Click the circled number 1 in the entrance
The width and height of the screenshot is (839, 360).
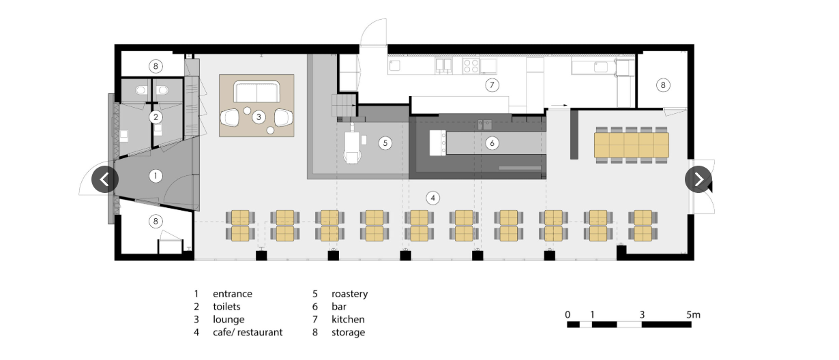pyautogui.click(x=156, y=176)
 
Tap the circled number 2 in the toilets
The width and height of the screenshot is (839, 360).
pyautogui.click(x=156, y=117)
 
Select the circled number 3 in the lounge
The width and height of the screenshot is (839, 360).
pyautogui.click(x=258, y=117)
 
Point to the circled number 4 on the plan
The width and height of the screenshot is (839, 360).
pyautogui.click(x=432, y=198)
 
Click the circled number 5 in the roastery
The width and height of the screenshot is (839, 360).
pyautogui.click(x=385, y=143)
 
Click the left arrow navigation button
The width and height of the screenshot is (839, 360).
pyautogui.click(x=105, y=179)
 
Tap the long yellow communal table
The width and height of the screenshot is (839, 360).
pyautogui.click(x=632, y=143)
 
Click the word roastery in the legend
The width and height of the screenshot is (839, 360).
pyautogui.click(x=349, y=294)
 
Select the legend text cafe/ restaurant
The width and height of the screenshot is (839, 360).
pyautogui.click(x=248, y=333)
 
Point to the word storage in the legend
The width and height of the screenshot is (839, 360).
pyautogui.click(x=348, y=333)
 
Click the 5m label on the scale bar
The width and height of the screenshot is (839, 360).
pyautogui.click(x=693, y=314)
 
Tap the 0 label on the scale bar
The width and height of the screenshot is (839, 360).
pyautogui.click(x=568, y=314)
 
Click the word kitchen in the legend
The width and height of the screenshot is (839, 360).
pyautogui.click(x=348, y=319)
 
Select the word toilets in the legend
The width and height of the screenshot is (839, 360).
pyautogui.click(x=226, y=307)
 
